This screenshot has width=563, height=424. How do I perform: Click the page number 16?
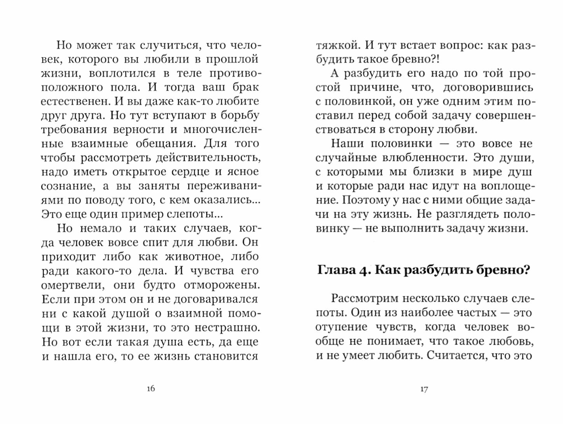(x=151, y=388)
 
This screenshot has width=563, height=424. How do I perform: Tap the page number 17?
(x=424, y=389)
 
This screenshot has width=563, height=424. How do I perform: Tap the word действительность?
(x=208, y=158)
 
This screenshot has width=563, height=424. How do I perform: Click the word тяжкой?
(x=337, y=45)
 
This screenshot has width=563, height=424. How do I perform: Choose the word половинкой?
(x=357, y=101)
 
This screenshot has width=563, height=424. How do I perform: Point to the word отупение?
(x=341, y=327)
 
